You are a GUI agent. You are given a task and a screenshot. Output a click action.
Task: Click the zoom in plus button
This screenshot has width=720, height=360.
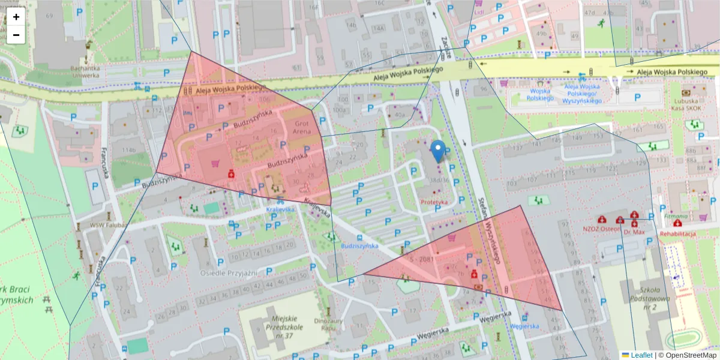pos(16,17)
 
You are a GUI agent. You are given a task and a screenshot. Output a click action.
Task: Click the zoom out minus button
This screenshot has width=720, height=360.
pos(16,35)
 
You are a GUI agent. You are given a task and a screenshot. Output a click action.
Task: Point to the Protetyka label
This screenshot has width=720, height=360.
pos(434,202)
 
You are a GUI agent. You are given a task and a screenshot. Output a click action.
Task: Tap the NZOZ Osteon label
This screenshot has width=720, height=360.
pos(601,229)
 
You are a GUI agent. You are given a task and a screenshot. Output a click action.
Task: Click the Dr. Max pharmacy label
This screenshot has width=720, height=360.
pos(634,232)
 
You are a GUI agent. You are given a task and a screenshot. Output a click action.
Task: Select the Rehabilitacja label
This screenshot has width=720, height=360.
pos(677,233)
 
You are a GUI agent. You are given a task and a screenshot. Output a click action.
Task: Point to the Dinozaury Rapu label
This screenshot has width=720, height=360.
pos(328,324)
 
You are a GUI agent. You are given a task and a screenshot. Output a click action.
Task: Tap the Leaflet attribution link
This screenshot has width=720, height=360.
pos(641,355)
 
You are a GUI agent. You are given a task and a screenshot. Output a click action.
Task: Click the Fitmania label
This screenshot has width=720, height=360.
pos(676,215)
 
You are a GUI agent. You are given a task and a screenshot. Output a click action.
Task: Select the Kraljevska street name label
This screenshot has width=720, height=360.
pos(317,206)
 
